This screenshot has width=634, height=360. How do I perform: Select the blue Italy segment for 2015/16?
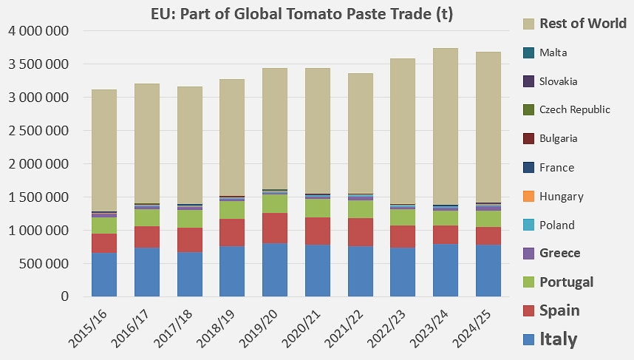pyautogui.click(x=103, y=274)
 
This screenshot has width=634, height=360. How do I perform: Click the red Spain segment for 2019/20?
pyautogui.click(x=274, y=228)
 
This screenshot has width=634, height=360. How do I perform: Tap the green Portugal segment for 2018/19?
pyautogui.click(x=231, y=210)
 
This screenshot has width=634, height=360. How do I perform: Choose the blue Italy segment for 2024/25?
pyautogui.click(x=488, y=271)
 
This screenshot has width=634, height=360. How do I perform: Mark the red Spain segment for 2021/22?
pyautogui.click(x=360, y=232)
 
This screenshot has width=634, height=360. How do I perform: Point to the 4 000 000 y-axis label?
pyautogui.click(x=38, y=31)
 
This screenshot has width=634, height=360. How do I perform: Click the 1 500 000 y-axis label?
pyautogui.click(x=38, y=197)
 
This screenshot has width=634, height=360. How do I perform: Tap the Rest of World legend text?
pyautogui.click(x=583, y=23)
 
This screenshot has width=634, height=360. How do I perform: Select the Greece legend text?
pyautogui.click(x=560, y=253)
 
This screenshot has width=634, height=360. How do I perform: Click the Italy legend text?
pyautogui.click(x=559, y=339)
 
